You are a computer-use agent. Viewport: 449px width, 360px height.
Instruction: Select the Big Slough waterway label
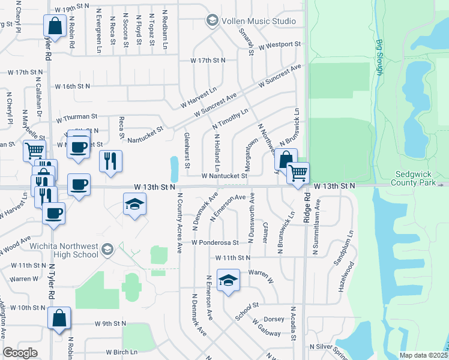click(379, 58)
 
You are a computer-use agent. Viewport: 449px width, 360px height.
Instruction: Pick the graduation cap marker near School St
click(228, 281)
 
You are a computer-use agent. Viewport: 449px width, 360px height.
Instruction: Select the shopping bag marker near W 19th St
click(55, 26)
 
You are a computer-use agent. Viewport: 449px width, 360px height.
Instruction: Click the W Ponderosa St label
click(215, 243)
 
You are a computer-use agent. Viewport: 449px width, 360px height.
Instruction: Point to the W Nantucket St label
click(224, 176)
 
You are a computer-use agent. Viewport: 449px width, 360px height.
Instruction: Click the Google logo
click(20, 353)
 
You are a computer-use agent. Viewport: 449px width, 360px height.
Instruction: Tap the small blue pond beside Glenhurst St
click(174, 169)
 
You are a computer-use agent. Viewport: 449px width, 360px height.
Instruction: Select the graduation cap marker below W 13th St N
click(134, 205)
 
